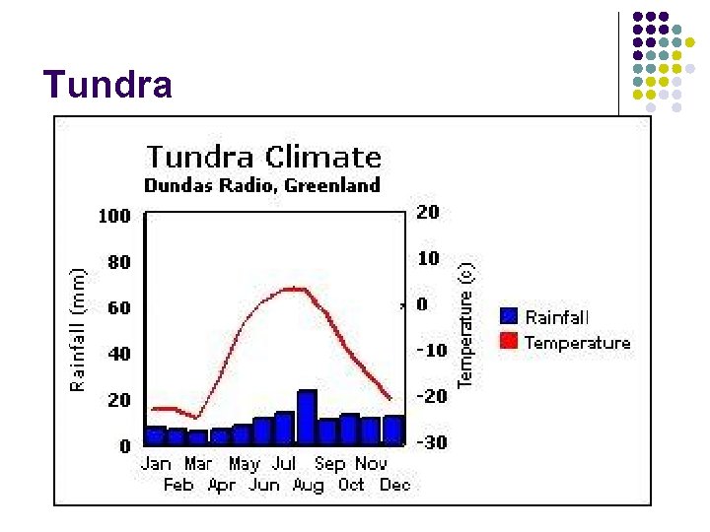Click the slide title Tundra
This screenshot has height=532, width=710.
(107, 86)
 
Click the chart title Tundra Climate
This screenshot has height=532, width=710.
(263, 157)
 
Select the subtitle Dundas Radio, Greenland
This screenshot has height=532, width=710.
(262, 184)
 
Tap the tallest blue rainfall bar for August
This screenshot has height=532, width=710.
(307, 418)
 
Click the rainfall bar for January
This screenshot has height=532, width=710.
(156, 435)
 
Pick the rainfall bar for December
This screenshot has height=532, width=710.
(393, 430)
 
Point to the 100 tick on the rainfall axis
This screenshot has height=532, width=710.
(114, 216)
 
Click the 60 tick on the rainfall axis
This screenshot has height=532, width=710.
(118, 308)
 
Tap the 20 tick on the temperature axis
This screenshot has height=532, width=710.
(428, 212)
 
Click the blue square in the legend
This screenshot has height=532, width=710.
(510, 316)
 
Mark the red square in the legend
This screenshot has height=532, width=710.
(510, 341)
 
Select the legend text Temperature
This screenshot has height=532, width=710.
(577, 343)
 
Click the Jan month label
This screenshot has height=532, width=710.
(156, 463)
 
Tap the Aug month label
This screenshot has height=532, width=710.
(308, 485)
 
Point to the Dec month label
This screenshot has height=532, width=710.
(394, 485)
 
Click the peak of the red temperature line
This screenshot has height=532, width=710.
(291, 289)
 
